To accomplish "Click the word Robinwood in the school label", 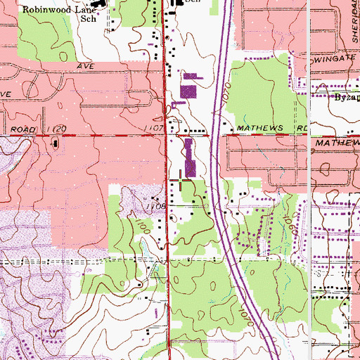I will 44,11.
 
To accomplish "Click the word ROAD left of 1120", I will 23,129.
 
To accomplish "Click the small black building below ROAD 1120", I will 55,144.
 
